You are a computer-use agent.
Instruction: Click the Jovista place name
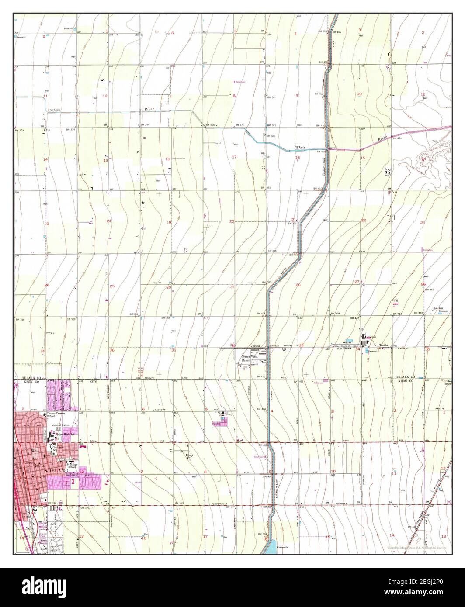click(x=255, y=346)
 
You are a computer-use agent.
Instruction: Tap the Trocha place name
click(x=384, y=345)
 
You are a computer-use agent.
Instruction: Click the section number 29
click(x=232, y=287)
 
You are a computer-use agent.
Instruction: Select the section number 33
click(x=301, y=345)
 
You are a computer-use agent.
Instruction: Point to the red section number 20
click(x=232, y=221)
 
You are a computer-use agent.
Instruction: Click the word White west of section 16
click(x=300, y=148)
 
